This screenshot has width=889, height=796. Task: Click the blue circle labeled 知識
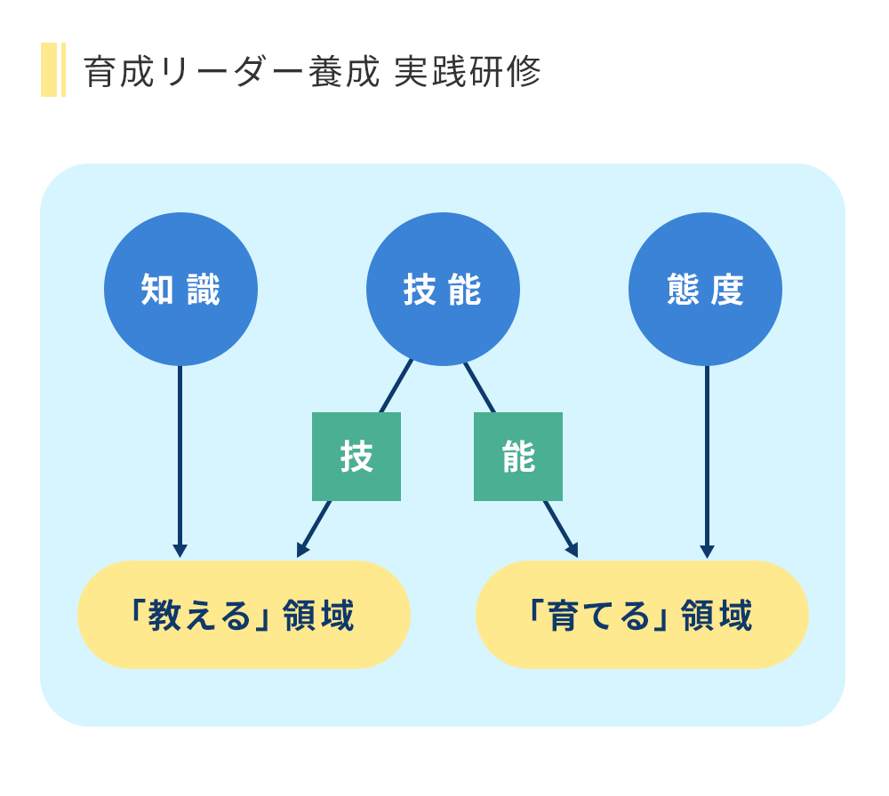click(x=180, y=289)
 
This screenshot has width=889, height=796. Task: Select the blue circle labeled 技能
click(x=443, y=289)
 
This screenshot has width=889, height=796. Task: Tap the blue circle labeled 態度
click(x=705, y=289)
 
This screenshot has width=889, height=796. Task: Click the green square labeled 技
click(x=356, y=457)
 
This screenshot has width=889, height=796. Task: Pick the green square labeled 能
click(x=518, y=457)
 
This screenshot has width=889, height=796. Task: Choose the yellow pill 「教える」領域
click(x=244, y=615)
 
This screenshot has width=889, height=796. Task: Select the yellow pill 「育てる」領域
click(x=642, y=615)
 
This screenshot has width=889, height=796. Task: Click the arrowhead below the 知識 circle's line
click(x=180, y=552)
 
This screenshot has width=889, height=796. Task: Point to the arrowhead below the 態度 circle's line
click(x=707, y=552)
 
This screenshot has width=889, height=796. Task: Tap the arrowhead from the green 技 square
click(x=302, y=550)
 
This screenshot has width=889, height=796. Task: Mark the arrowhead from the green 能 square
click(x=572, y=550)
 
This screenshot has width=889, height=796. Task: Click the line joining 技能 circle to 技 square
click(x=396, y=386)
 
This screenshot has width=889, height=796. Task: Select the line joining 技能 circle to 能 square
click(x=479, y=387)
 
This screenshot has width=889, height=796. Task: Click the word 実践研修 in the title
click(x=468, y=72)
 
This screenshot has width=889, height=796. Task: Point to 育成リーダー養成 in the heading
click(x=231, y=72)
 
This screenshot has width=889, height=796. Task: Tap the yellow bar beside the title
click(x=53, y=69)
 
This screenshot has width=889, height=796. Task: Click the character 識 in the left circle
click(x=204, y=290)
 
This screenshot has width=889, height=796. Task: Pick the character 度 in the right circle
click(x=727, y=290)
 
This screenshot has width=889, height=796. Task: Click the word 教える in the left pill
click(x=199, y=616)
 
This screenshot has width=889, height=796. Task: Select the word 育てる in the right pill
click(x=598, y=616)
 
